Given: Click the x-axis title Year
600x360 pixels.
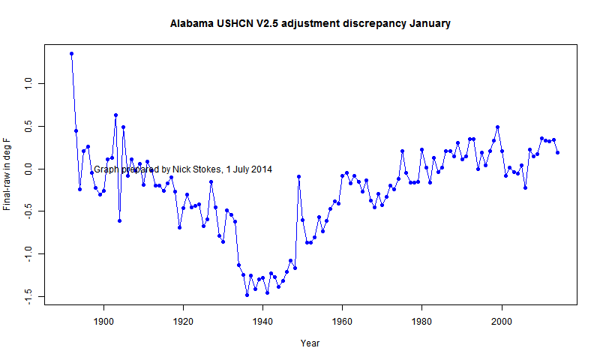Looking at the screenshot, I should pos(310,343).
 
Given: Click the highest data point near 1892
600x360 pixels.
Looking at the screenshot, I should pos(72,53).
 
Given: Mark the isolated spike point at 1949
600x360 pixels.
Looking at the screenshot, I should pos(298,176).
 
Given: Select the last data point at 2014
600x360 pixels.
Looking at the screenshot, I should pos(558,152).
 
